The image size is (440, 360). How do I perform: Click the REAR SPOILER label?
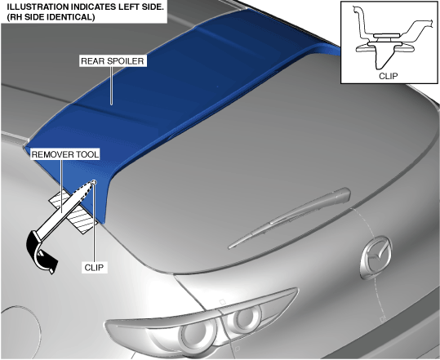113,61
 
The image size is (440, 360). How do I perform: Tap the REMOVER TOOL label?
64,154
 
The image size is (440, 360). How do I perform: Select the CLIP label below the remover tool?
94,268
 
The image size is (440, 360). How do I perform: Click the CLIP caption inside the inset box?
388,76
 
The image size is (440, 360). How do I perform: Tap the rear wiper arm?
289,217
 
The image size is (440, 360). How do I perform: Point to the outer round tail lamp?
197,336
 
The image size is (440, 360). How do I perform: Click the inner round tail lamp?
245,318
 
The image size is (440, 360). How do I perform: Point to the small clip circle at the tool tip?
94,183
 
